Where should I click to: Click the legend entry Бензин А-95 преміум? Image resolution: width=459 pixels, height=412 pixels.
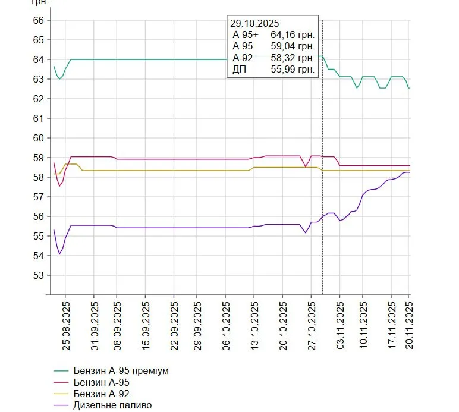tap(121, 371)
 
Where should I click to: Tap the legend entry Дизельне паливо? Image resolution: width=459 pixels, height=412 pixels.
tap(112, 405)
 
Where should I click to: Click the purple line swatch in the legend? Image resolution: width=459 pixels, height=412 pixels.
tap(61, 405)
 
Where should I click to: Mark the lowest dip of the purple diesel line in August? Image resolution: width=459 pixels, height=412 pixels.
tap(59, 254)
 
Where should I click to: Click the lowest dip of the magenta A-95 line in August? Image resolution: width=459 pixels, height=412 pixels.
tap(59, 186)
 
